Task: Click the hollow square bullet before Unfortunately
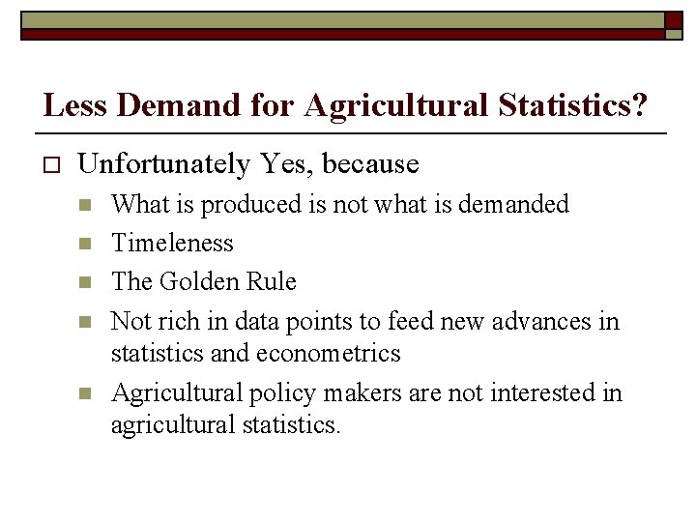click(x=51, y=165)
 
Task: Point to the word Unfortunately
click(x=163, y=164)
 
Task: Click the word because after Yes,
click(x=371, y=164)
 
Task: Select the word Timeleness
click(x=172, y=243)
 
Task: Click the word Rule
click(x=272, y=281)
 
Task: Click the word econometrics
click(x=328, y=353)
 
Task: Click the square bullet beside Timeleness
click(x=85, y=244)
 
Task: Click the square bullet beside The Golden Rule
click(x=85, y=282)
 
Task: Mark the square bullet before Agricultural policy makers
click(x=85, y=393)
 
